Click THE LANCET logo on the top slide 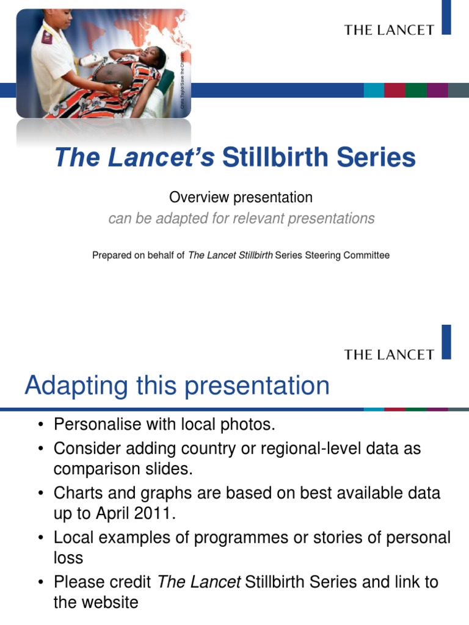(389, 29)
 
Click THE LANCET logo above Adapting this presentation (389, 354)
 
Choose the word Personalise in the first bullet (95, 424)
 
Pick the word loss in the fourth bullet (68, 558)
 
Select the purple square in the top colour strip (437, 90)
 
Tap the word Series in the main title (379, 157)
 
